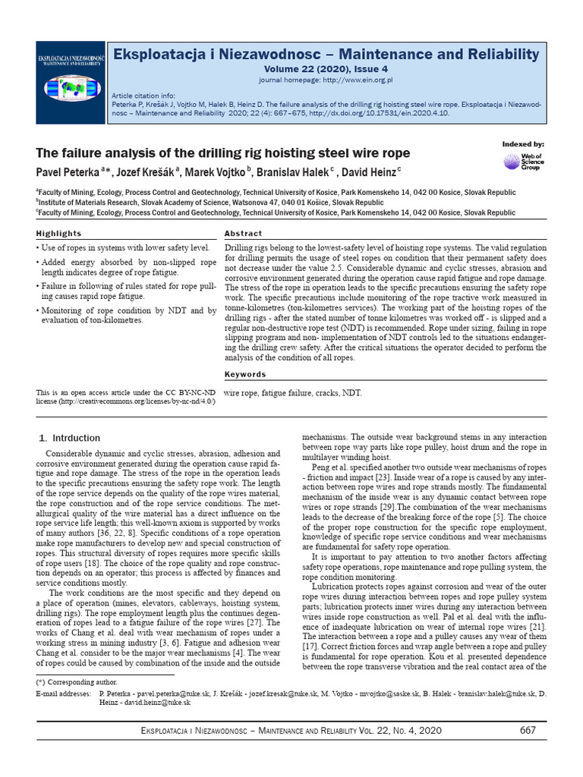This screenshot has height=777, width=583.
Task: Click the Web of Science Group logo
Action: pos(522,162)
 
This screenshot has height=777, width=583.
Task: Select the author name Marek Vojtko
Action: pos(224,172)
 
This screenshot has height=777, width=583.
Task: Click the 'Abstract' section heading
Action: pos(244,234)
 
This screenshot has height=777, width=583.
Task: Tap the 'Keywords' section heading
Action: pos(245,374)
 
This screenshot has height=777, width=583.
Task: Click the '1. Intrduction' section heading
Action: pos(69,438)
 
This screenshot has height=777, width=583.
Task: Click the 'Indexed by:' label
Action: pos(523,144)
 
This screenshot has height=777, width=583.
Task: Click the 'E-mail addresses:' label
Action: pos(58,694)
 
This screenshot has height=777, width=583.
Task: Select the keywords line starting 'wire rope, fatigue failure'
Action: pos(294,393)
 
